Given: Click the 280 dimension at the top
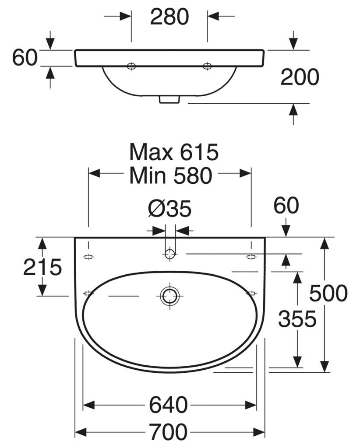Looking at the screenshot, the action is pyautogui.click(x=169, y=17).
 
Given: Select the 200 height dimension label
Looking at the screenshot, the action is pyautogui.click(x=300, y=77).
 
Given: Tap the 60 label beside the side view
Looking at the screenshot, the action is pyautogui.click(x=25, y=57).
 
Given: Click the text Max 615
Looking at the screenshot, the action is pyautogui.click(x=174, y=152).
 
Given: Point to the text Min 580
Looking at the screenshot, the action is pyautogui.click(x=171, y=175).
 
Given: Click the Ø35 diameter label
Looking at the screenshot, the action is pyautogui.click(x=169, y=209).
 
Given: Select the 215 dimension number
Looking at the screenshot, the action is pyautogui.click(x=42, y=267).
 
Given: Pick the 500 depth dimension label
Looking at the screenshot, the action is pyautogui.click(x=328, y=293).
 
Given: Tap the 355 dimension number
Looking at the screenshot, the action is pyautogui.click(x=297, y=319).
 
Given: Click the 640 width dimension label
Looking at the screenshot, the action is pyautogui.click(x=169, y=405).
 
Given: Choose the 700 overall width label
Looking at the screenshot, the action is pyautogui.click(x=169, y=432).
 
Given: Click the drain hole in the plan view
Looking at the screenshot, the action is pyautogui.click(x=170, y=296).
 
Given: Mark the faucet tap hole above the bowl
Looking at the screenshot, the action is pyautogui.click(x=170, y=254).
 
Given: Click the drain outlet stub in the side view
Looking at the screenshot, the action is pyautogui.click(x=169, y=99).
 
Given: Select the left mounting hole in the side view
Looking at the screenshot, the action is pyautogui.click(x=131, y=66).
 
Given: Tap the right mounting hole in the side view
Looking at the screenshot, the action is pyautogui.click(x=207, y=66).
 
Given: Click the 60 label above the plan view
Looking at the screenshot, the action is pyautogui.click(x=286, y=205).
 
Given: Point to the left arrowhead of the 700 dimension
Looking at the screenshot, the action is pyautogui.click(x=81, y=432).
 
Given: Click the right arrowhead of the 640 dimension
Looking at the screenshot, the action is pyautogui.click(x=251, y=405).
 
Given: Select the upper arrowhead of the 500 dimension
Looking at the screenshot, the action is pyautogui.click(x=324, y=243).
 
